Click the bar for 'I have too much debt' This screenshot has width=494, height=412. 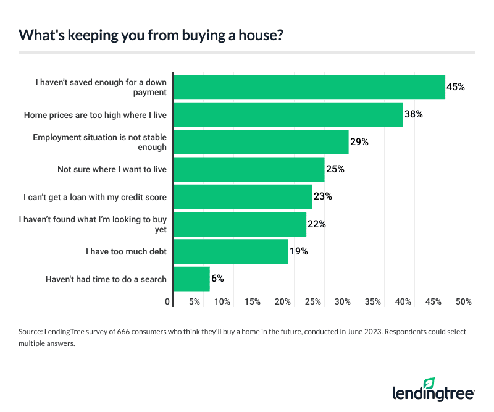pos(231,251)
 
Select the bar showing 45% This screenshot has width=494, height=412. pos(309,87)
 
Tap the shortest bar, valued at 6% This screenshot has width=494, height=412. pos(191,279)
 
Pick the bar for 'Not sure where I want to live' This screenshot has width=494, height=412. pos(249,169)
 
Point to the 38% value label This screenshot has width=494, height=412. pos(414,114)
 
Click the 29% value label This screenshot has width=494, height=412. pos(359,142)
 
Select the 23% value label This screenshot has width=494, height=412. pos(323,196)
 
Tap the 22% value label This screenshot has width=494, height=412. pos(317,224)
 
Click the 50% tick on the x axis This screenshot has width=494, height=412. pos(464,302)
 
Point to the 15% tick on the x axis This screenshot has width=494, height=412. pos(253,302)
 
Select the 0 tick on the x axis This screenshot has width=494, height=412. pos(167,302)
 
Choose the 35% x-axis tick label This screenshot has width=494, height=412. pos(373,302)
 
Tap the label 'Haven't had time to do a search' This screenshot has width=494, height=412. pos(106,279)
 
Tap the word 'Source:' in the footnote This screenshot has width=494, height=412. pos(32,332)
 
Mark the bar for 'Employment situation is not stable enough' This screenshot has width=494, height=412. pos(261,142)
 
